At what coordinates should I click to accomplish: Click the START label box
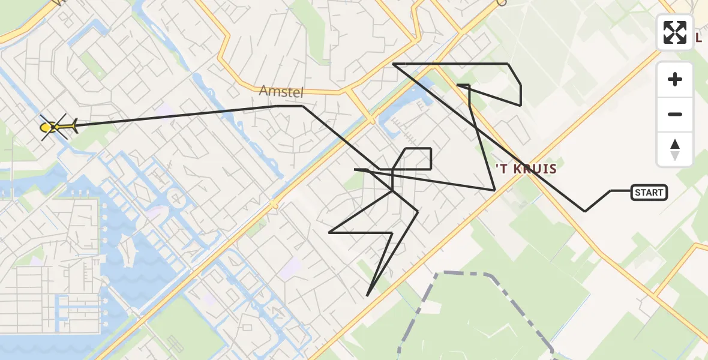click(x=649, y=193)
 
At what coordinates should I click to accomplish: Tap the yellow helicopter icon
click(x=57, y=127)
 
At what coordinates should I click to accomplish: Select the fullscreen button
click(x=675, y=32)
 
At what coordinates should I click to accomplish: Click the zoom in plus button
click(x=675, y=79)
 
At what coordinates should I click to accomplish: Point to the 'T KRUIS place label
click(x=526, y=169)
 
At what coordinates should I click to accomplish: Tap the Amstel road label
click(x=281, y=92)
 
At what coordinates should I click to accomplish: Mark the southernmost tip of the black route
click(x=367, y=296)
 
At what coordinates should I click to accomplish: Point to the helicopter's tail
click(x=73, y=126)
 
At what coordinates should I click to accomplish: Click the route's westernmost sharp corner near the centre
click(x=330, y=232)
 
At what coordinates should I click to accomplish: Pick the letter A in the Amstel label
click(x=264, y=91)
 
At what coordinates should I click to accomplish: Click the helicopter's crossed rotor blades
click(x=53, y=127)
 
